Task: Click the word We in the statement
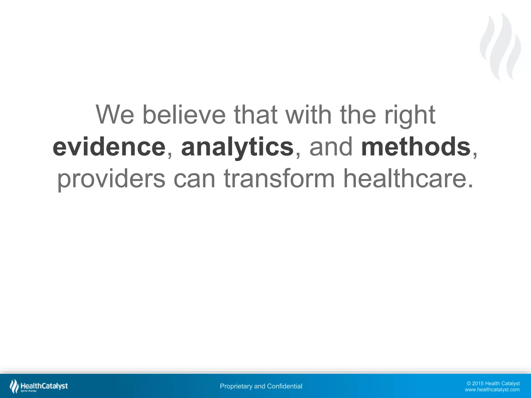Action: click(115, 115)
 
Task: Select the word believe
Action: click(184, 115)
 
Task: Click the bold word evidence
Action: click(109, 147)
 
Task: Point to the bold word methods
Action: click(416, 147)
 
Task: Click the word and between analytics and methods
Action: click(331, 147)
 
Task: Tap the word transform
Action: click(279, 179)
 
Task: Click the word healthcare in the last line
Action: click(404, 179)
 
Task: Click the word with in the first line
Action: click(309, 115)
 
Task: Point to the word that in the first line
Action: click(256, 115)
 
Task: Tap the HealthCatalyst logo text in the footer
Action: click(44, 386)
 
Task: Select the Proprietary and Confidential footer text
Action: click(261, 386)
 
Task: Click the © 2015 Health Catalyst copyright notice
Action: click(493, 383)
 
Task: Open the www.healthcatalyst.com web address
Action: click(492, 390)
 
